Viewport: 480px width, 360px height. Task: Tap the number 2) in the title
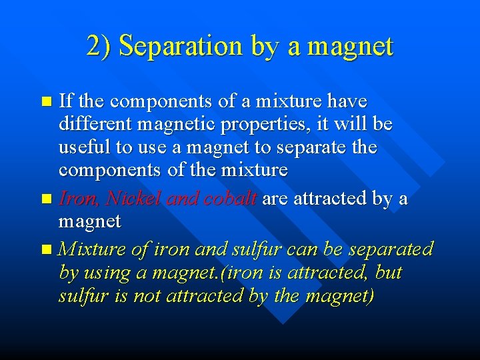99,47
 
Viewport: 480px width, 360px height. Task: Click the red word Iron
78,199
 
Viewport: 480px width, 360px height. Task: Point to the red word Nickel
133,199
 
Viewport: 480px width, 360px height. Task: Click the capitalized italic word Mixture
91,250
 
